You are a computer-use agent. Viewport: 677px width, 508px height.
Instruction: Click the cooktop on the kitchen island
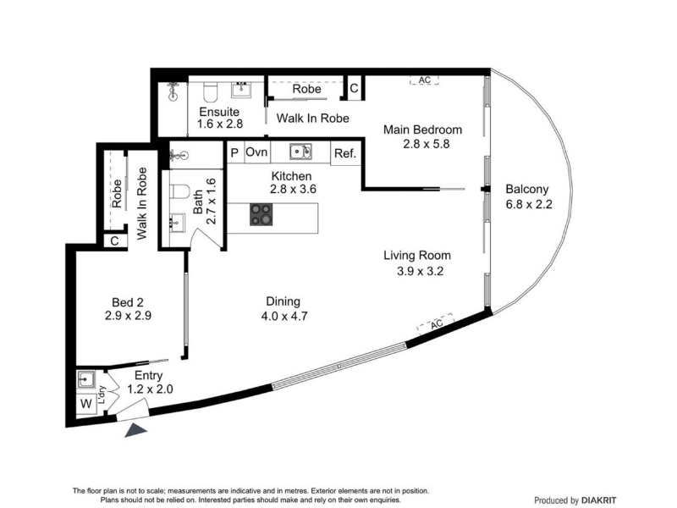261,214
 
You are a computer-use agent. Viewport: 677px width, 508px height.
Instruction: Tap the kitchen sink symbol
300,152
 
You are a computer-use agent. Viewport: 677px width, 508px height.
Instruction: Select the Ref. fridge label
345,153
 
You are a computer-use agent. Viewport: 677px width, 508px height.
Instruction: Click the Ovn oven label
257,152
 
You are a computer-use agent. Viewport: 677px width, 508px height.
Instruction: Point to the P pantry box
235,152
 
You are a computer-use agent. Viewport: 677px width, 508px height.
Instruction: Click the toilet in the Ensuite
211,91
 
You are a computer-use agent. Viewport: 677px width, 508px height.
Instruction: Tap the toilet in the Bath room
180,191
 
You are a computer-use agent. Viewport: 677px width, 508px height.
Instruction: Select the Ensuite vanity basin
241,90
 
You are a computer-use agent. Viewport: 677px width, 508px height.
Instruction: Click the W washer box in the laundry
86,404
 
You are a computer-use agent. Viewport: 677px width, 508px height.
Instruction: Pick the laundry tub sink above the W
86,379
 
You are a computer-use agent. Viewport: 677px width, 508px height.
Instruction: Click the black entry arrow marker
135,430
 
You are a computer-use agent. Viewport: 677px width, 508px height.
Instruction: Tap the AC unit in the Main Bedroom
425,80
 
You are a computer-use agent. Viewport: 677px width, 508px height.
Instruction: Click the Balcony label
526,189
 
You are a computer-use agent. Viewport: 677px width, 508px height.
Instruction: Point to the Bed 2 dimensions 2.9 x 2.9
128,316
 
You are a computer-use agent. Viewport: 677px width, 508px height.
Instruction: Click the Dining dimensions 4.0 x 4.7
284,316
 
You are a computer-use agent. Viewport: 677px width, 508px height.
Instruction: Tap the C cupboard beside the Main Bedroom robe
354,88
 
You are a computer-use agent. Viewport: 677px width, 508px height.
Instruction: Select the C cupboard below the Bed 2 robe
114,240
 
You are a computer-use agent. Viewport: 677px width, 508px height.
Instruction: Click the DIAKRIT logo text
599,500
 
